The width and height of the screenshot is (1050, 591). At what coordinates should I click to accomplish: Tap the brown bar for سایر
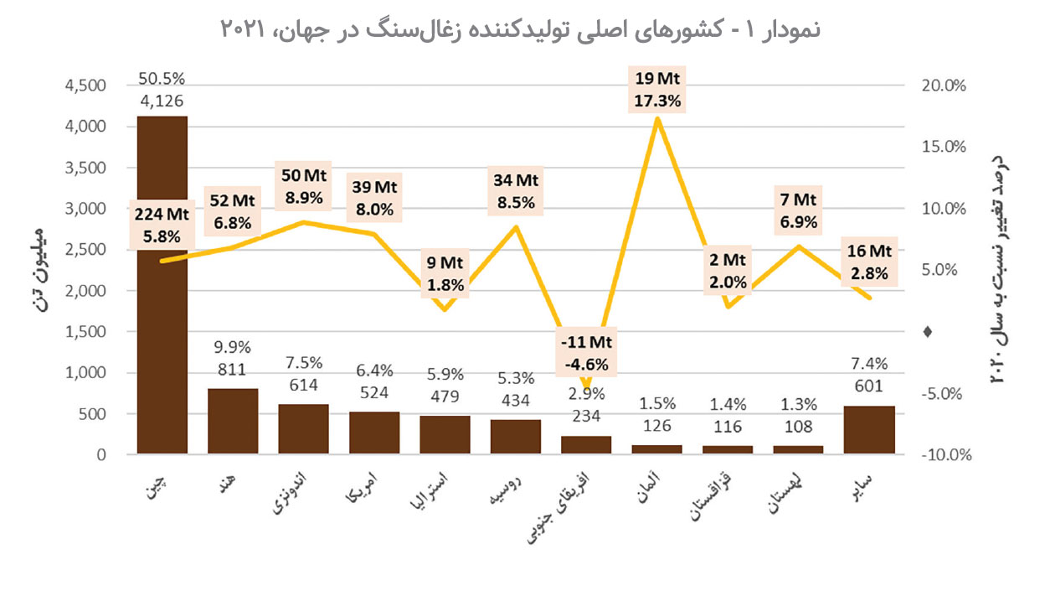coord(869,431)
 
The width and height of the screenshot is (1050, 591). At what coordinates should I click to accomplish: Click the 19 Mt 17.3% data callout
coord(657,91)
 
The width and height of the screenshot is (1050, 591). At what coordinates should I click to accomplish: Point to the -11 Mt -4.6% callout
coord(586,353)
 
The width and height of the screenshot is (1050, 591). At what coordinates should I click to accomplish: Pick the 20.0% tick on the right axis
coord(944,86)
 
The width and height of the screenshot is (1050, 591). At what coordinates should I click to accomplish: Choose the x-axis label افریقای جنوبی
coord(574,509)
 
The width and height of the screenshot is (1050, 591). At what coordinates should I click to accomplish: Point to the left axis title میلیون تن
coord(37,270)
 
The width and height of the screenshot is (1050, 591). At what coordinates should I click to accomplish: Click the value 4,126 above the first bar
coord(162,101)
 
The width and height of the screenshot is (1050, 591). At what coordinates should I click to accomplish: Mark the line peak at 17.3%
coord(657,118)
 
